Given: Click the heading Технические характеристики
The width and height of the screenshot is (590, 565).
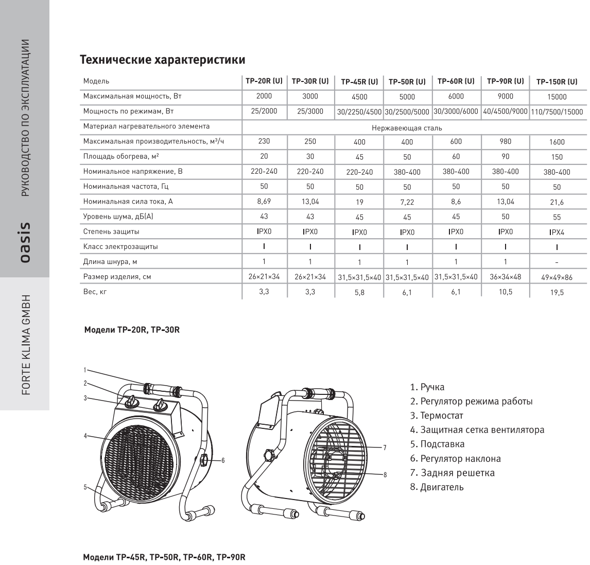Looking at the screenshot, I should (162, 60).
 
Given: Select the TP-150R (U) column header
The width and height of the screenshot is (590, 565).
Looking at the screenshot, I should (557, 81).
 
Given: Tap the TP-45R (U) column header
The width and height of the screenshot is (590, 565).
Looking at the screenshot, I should (359, 81).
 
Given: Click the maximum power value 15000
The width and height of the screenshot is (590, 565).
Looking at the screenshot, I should (557, 96).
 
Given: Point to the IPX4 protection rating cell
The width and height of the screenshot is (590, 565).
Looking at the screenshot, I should (557, 232).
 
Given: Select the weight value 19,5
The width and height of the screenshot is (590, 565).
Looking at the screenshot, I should (557, 292).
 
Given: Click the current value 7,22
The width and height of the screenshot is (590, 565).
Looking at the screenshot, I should (407, 202).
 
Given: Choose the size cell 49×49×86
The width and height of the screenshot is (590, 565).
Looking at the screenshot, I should (557, 277).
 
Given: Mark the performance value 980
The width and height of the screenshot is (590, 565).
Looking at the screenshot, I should (506, 141).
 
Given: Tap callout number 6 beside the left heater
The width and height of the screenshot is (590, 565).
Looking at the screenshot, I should (223, 460).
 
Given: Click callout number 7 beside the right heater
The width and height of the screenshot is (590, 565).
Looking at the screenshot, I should (385, 446).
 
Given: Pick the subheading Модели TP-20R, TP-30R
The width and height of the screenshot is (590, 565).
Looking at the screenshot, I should (132, 329).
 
